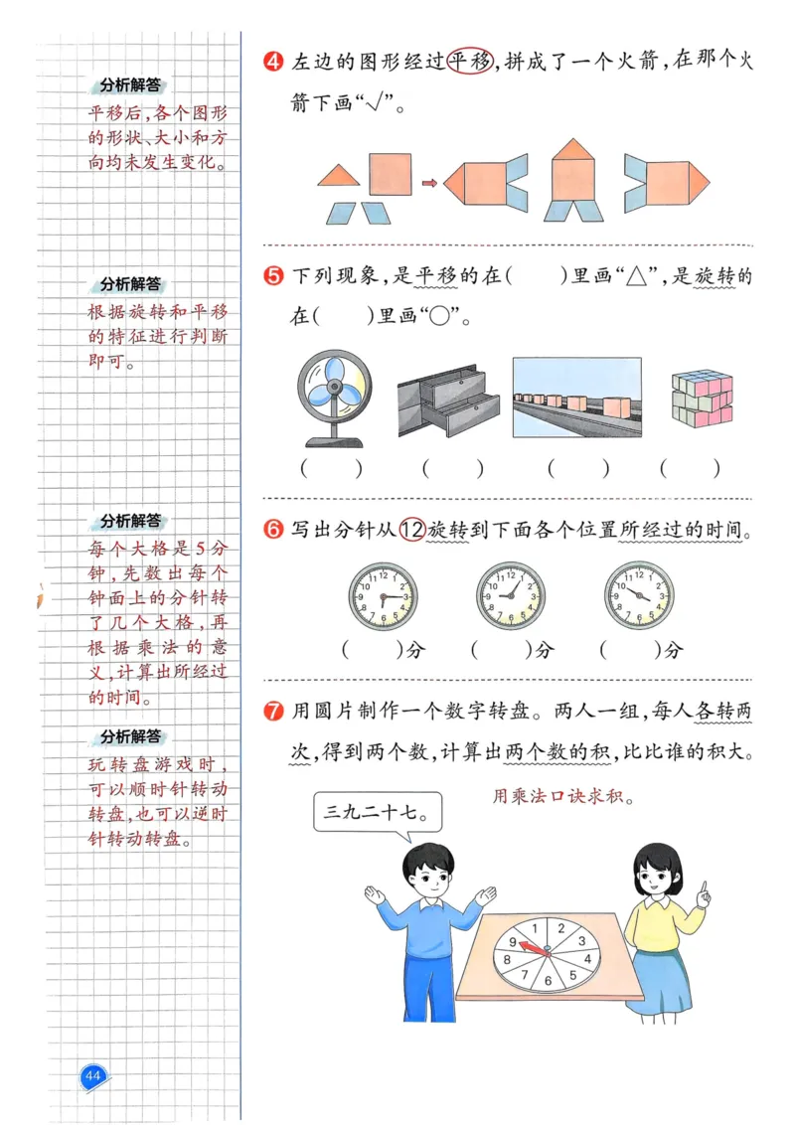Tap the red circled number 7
(x=274, y=712)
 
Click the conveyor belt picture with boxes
(x=576, y=398)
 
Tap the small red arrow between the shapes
(x=429, y=183)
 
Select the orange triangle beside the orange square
(x=339, y=176)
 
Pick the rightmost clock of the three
(x=638, y=595)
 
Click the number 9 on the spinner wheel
(x=513, y=942)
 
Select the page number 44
(x=93, y=1076)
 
